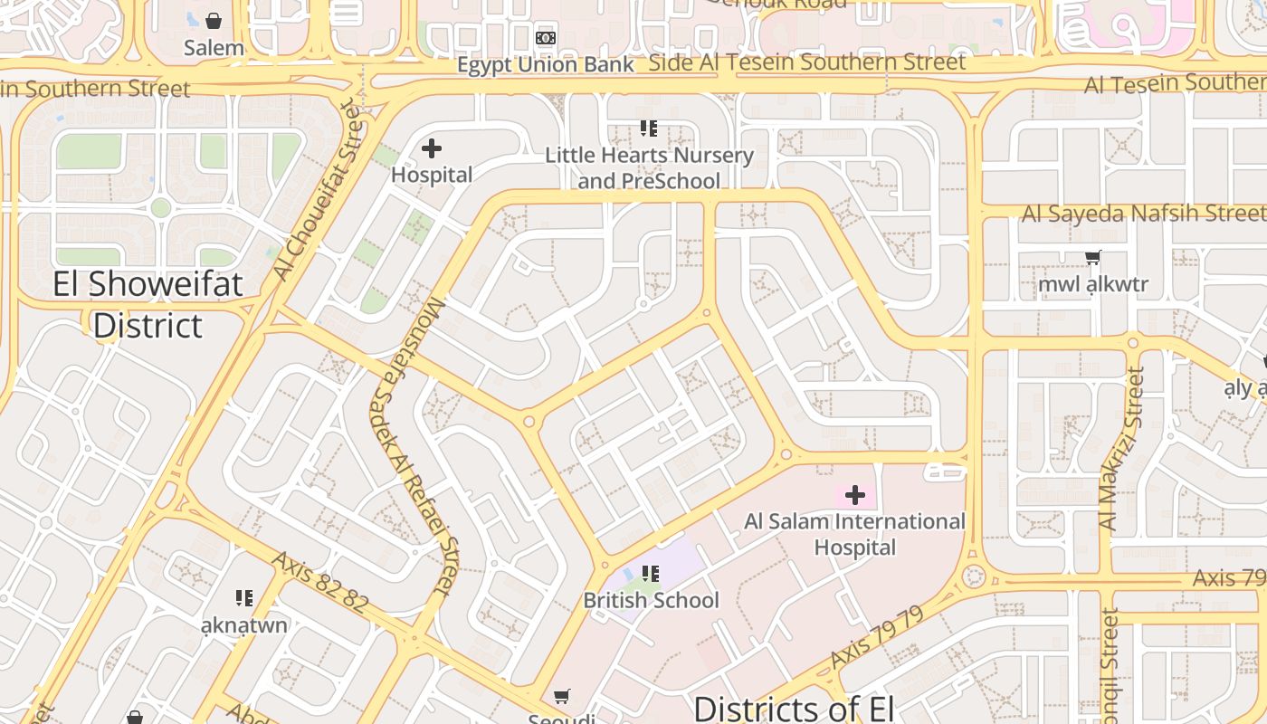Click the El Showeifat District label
[148, 304]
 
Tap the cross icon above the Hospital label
[432, 148]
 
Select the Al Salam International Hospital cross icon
[855, 495]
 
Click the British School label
[651, 600]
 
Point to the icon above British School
[650, 573]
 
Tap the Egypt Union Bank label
[545, 65]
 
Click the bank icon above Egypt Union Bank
[546, 38]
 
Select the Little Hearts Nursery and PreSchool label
[649, 167]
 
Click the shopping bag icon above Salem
[214, 20]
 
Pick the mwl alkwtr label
[1093, 284]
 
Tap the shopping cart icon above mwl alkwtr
[1093, 258]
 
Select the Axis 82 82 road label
[319, 583]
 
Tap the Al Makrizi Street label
[1121, 448]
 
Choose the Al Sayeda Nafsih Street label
[1144, 214]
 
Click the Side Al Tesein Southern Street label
[807, 62]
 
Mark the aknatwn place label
[243, 624]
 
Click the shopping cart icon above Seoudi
[562, 696]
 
